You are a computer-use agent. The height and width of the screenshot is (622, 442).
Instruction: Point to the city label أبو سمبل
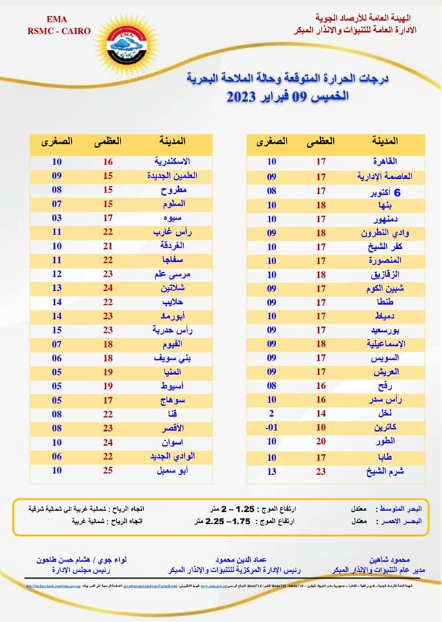point(176,471)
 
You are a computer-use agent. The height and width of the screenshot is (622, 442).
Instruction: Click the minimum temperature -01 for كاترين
point(272,428)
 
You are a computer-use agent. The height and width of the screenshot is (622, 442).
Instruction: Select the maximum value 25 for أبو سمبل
point(109,471)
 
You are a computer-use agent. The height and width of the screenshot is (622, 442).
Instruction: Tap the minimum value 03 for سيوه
point(57,217)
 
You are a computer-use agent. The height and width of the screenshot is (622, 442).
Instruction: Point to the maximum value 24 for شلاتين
point(109,288)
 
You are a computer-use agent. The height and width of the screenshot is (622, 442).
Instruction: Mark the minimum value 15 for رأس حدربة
point(57,330)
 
